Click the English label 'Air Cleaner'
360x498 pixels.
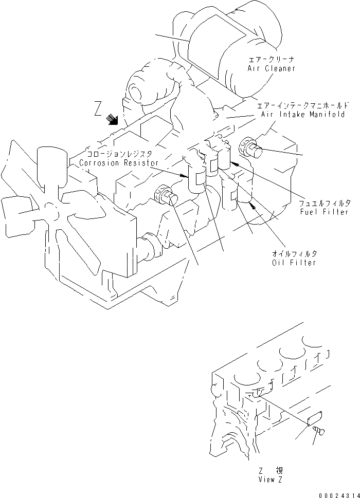[271, 68]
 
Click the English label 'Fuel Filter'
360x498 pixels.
[325, 212]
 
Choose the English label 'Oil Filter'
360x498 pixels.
[294, 263]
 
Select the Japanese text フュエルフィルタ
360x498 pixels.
[325, 203]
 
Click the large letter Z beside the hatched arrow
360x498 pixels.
[98, 109]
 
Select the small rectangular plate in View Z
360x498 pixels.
[314, 418]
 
